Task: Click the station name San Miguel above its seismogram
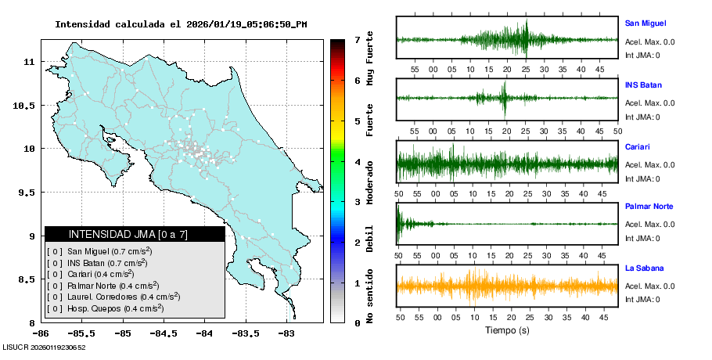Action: [x=645, y=23]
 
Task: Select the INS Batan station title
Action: [x=643, y=85]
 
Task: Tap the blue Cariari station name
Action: [x=638, y=146]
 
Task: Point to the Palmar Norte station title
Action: [x=649, y=207]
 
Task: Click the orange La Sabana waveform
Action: [x=507, y=286]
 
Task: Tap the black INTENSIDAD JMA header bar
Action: [x=135, y=234]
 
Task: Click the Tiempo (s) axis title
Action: [x=507, y=330]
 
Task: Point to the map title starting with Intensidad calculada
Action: [x=181, y=24]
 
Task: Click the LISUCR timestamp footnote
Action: [x=45, y=347]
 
